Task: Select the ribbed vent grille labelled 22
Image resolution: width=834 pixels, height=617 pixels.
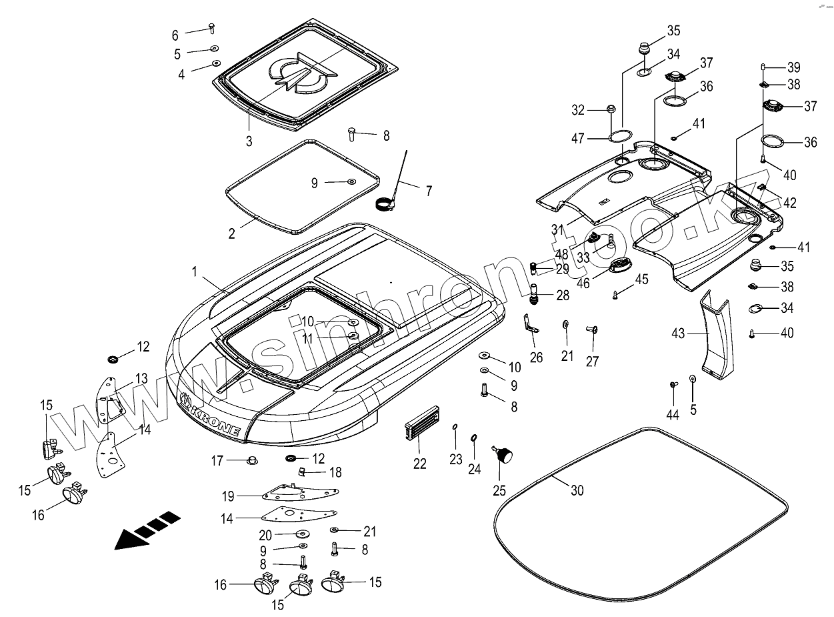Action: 421,426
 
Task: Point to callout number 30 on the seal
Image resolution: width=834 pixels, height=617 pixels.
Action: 577,490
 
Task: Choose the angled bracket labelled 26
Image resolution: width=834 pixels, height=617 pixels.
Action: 531,326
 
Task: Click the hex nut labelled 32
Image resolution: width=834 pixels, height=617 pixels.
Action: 611,109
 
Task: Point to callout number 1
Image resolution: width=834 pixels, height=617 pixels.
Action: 194,271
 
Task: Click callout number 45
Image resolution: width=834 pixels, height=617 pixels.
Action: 641,279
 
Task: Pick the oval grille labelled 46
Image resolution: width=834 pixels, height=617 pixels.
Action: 622,265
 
